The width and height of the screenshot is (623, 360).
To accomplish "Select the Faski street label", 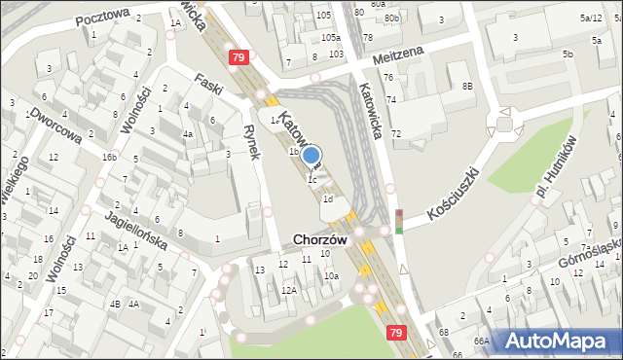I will [209, 85].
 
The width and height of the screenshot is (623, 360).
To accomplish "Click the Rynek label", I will [250, 142].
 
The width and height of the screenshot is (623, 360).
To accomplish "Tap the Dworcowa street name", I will [55, 124].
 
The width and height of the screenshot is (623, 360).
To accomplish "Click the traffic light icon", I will [398, 221].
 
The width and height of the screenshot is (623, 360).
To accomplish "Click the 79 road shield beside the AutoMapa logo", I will [395, 333].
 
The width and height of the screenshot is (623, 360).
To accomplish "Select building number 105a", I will [330, 37].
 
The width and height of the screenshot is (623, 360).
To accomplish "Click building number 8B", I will [467, 87].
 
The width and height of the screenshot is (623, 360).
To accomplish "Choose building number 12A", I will [288, 290].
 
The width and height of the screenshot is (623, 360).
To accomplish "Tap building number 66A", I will [481, 342].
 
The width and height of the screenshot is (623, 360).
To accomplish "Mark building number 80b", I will [390, 18].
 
